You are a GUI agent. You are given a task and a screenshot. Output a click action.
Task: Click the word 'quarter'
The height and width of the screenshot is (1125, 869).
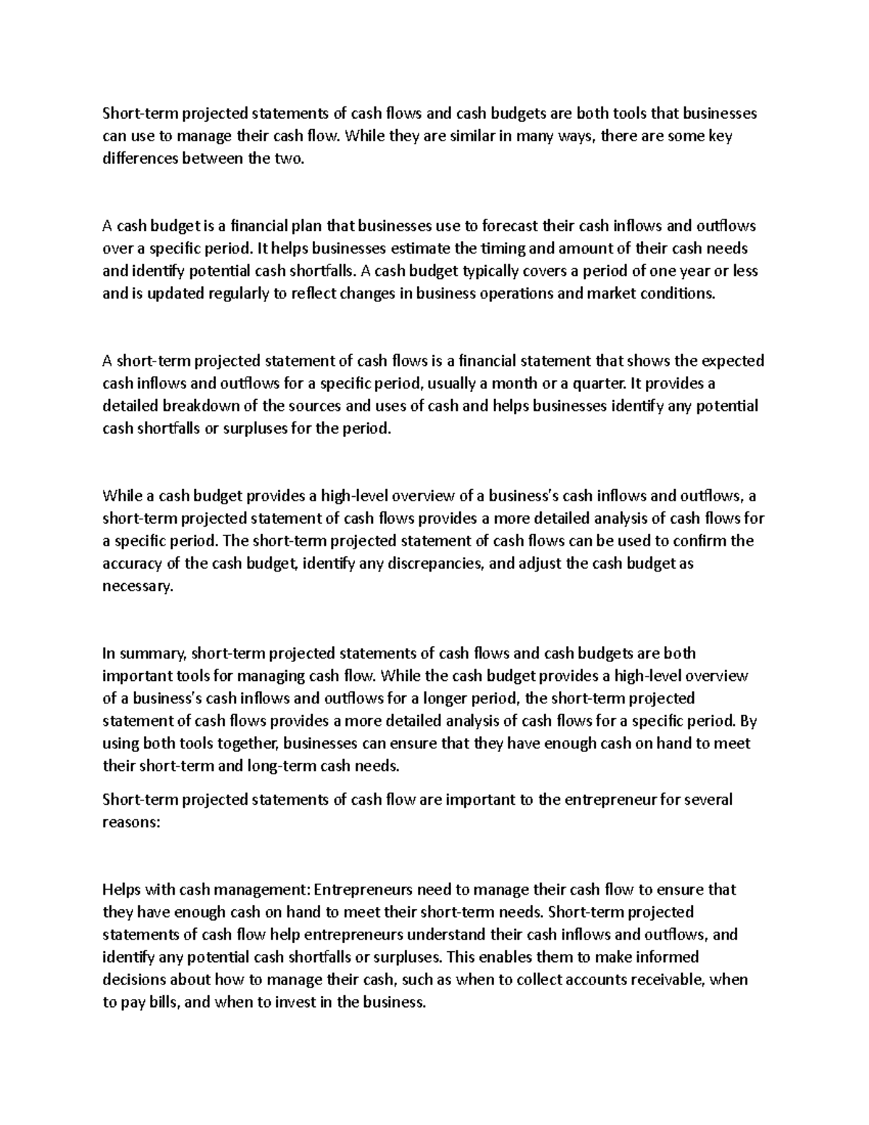point(597,383)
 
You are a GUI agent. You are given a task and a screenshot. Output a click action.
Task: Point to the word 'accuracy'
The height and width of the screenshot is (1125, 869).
point(131,564)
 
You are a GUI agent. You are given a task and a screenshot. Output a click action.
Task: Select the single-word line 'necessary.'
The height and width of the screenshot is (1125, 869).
point(138,586)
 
